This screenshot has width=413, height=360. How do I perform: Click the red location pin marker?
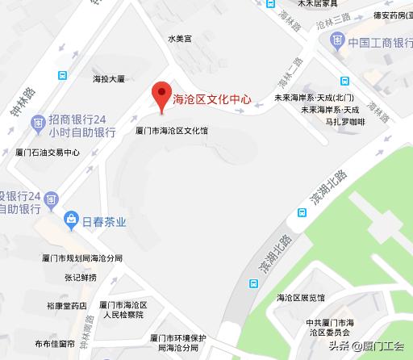[161, 94]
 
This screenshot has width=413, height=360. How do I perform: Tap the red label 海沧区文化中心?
[212, 101]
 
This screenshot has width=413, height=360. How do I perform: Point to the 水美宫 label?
[179, 38]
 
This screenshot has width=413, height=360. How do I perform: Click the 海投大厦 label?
[109, 79]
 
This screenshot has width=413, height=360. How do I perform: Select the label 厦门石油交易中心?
[48, 152]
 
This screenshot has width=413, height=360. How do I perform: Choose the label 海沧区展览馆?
[300, 298]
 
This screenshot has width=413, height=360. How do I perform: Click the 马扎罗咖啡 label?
[345, 122]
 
